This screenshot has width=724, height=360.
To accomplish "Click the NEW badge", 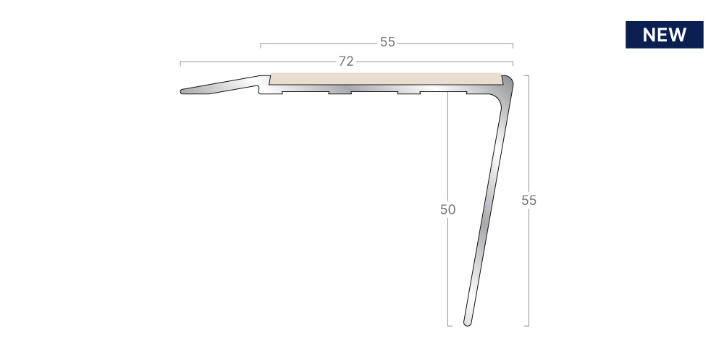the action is coord(665,35).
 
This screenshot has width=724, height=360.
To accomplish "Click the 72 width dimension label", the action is coord(346,62).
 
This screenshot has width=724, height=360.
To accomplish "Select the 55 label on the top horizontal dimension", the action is coord(388,42).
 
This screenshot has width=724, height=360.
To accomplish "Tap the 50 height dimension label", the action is coord(448,209).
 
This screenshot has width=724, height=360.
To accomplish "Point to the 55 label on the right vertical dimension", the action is coord(529,200).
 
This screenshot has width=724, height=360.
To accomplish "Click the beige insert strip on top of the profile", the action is coord(386,79).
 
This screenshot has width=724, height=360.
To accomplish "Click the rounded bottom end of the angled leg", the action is coord(467,323).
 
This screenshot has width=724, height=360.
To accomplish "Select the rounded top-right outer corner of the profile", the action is coord(508,80).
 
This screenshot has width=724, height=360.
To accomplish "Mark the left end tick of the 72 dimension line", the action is coord(180,63).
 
